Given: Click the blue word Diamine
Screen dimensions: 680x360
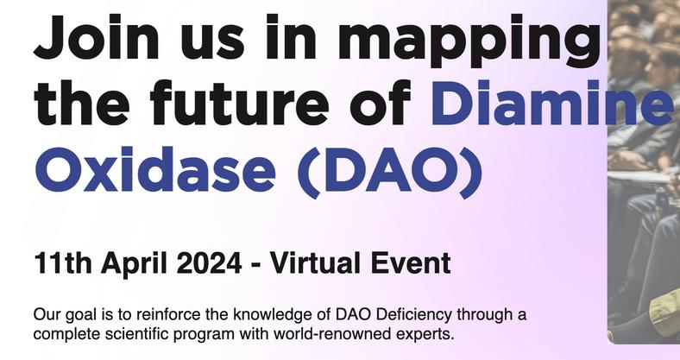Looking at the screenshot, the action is (551, 103).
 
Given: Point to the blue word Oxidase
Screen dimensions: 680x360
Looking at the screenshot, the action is (155, 169).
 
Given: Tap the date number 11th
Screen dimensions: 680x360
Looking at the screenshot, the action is (62, 262).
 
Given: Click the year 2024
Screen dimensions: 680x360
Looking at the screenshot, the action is (209, 262).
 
